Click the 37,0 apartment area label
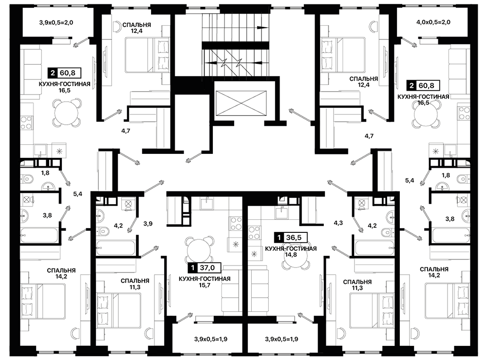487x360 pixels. tap(205, 267)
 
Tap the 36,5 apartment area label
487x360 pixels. tap(290, 238)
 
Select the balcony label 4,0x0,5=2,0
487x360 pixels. tap(433, 22)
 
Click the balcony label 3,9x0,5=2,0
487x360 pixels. tap(56, 22)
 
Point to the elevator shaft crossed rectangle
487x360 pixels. tap(241, 103)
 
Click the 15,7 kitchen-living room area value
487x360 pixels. tap(205, 285)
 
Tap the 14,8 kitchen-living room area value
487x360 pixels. tap(291, 255)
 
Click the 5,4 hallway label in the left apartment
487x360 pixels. tap(77, 194)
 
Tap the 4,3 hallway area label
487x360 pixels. tap(338, 223)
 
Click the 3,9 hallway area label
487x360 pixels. tap(148, 223)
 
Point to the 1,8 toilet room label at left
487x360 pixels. tap(45, 173)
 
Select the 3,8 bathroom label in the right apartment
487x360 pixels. tap(450, 219)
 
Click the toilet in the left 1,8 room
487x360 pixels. tap(28, 179)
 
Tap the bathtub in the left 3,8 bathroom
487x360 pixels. tap(39, 235)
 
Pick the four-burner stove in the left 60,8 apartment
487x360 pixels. tap(26, 122)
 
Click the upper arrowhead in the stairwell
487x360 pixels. tap(263, 28)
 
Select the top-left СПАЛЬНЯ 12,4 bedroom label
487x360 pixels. tap(137, 28)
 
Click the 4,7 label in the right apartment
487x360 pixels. tap(369, 136)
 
